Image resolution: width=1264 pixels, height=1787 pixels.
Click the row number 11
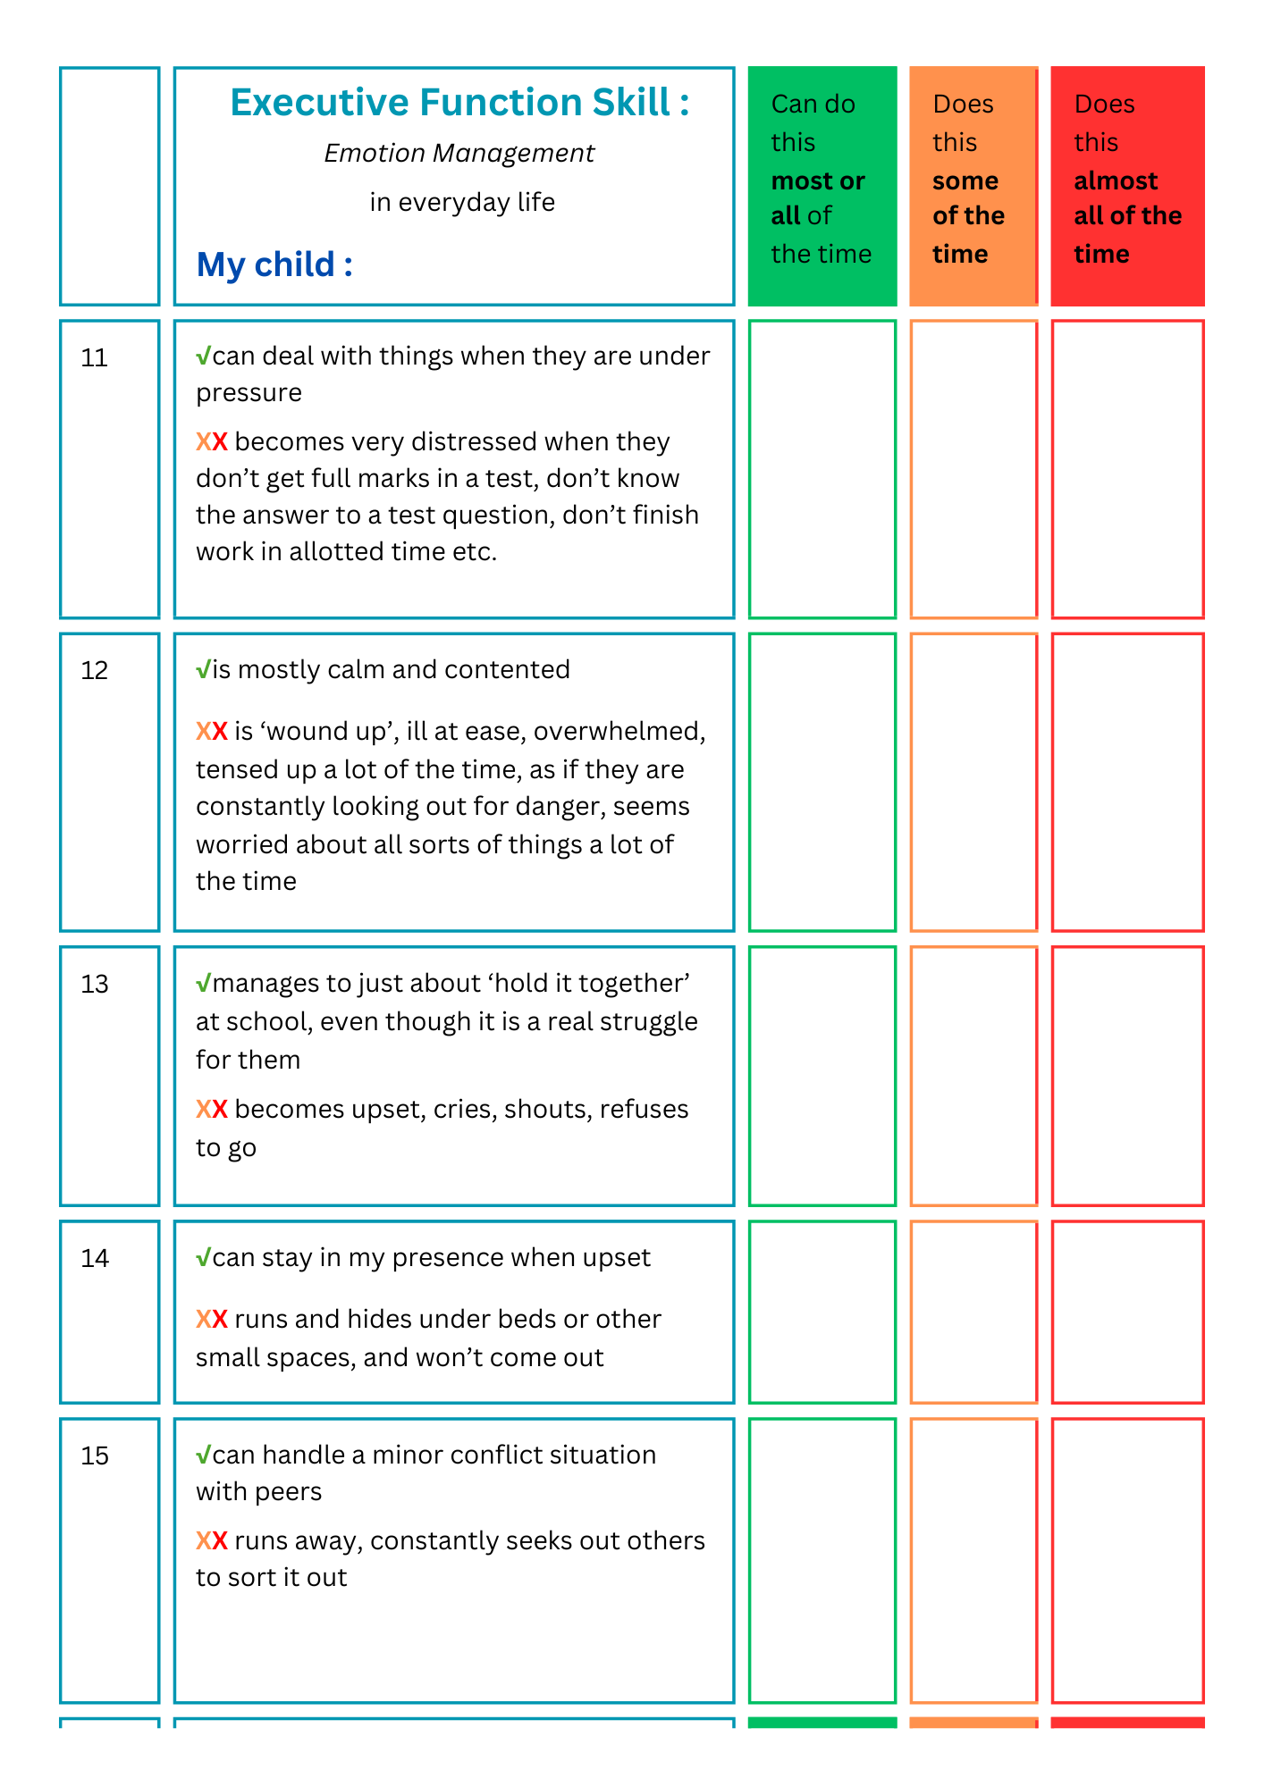point(94,358)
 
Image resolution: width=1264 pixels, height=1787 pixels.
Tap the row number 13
point(94,985)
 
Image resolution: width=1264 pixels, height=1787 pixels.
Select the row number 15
point(94,1456)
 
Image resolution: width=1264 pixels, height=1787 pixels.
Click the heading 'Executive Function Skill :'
point(459,103)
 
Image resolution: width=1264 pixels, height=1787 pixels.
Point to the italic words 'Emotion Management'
point(459,154)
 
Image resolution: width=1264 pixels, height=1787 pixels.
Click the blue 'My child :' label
point(274,265)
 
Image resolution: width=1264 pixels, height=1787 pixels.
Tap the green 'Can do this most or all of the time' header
point(822,186)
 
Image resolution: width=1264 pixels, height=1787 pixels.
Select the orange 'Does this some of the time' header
point(973,186)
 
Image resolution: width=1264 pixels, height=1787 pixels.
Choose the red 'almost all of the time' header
point(1127,186)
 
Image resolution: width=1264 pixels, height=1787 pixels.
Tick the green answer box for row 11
point(822,469)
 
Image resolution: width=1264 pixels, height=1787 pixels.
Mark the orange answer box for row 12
point(973,782)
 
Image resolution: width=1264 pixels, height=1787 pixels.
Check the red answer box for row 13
point(1127,1076)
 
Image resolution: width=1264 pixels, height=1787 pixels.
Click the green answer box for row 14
point(822,1312)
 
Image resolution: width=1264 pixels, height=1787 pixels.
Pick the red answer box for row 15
point(1127,1560)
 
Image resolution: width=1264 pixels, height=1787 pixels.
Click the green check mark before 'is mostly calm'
point(204,669)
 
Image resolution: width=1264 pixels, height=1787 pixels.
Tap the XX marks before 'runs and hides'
point(212,1319)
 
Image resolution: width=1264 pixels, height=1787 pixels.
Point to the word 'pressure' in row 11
point(249,393)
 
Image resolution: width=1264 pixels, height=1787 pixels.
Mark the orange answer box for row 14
point(973,1312)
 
